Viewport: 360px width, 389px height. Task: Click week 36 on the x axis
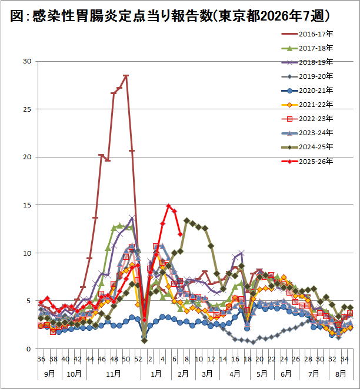click(41, 358)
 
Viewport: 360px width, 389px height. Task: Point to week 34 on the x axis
click(346, 358)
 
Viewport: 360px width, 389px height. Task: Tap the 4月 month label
click(235, 373)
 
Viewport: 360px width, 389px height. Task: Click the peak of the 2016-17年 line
click(126, 76)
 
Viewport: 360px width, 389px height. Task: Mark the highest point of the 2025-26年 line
click(169, 206)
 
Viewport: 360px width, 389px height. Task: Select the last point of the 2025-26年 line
click(180, 234)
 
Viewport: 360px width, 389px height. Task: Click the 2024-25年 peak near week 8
click(186, 220)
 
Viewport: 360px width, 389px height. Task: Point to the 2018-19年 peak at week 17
click(241, 253)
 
